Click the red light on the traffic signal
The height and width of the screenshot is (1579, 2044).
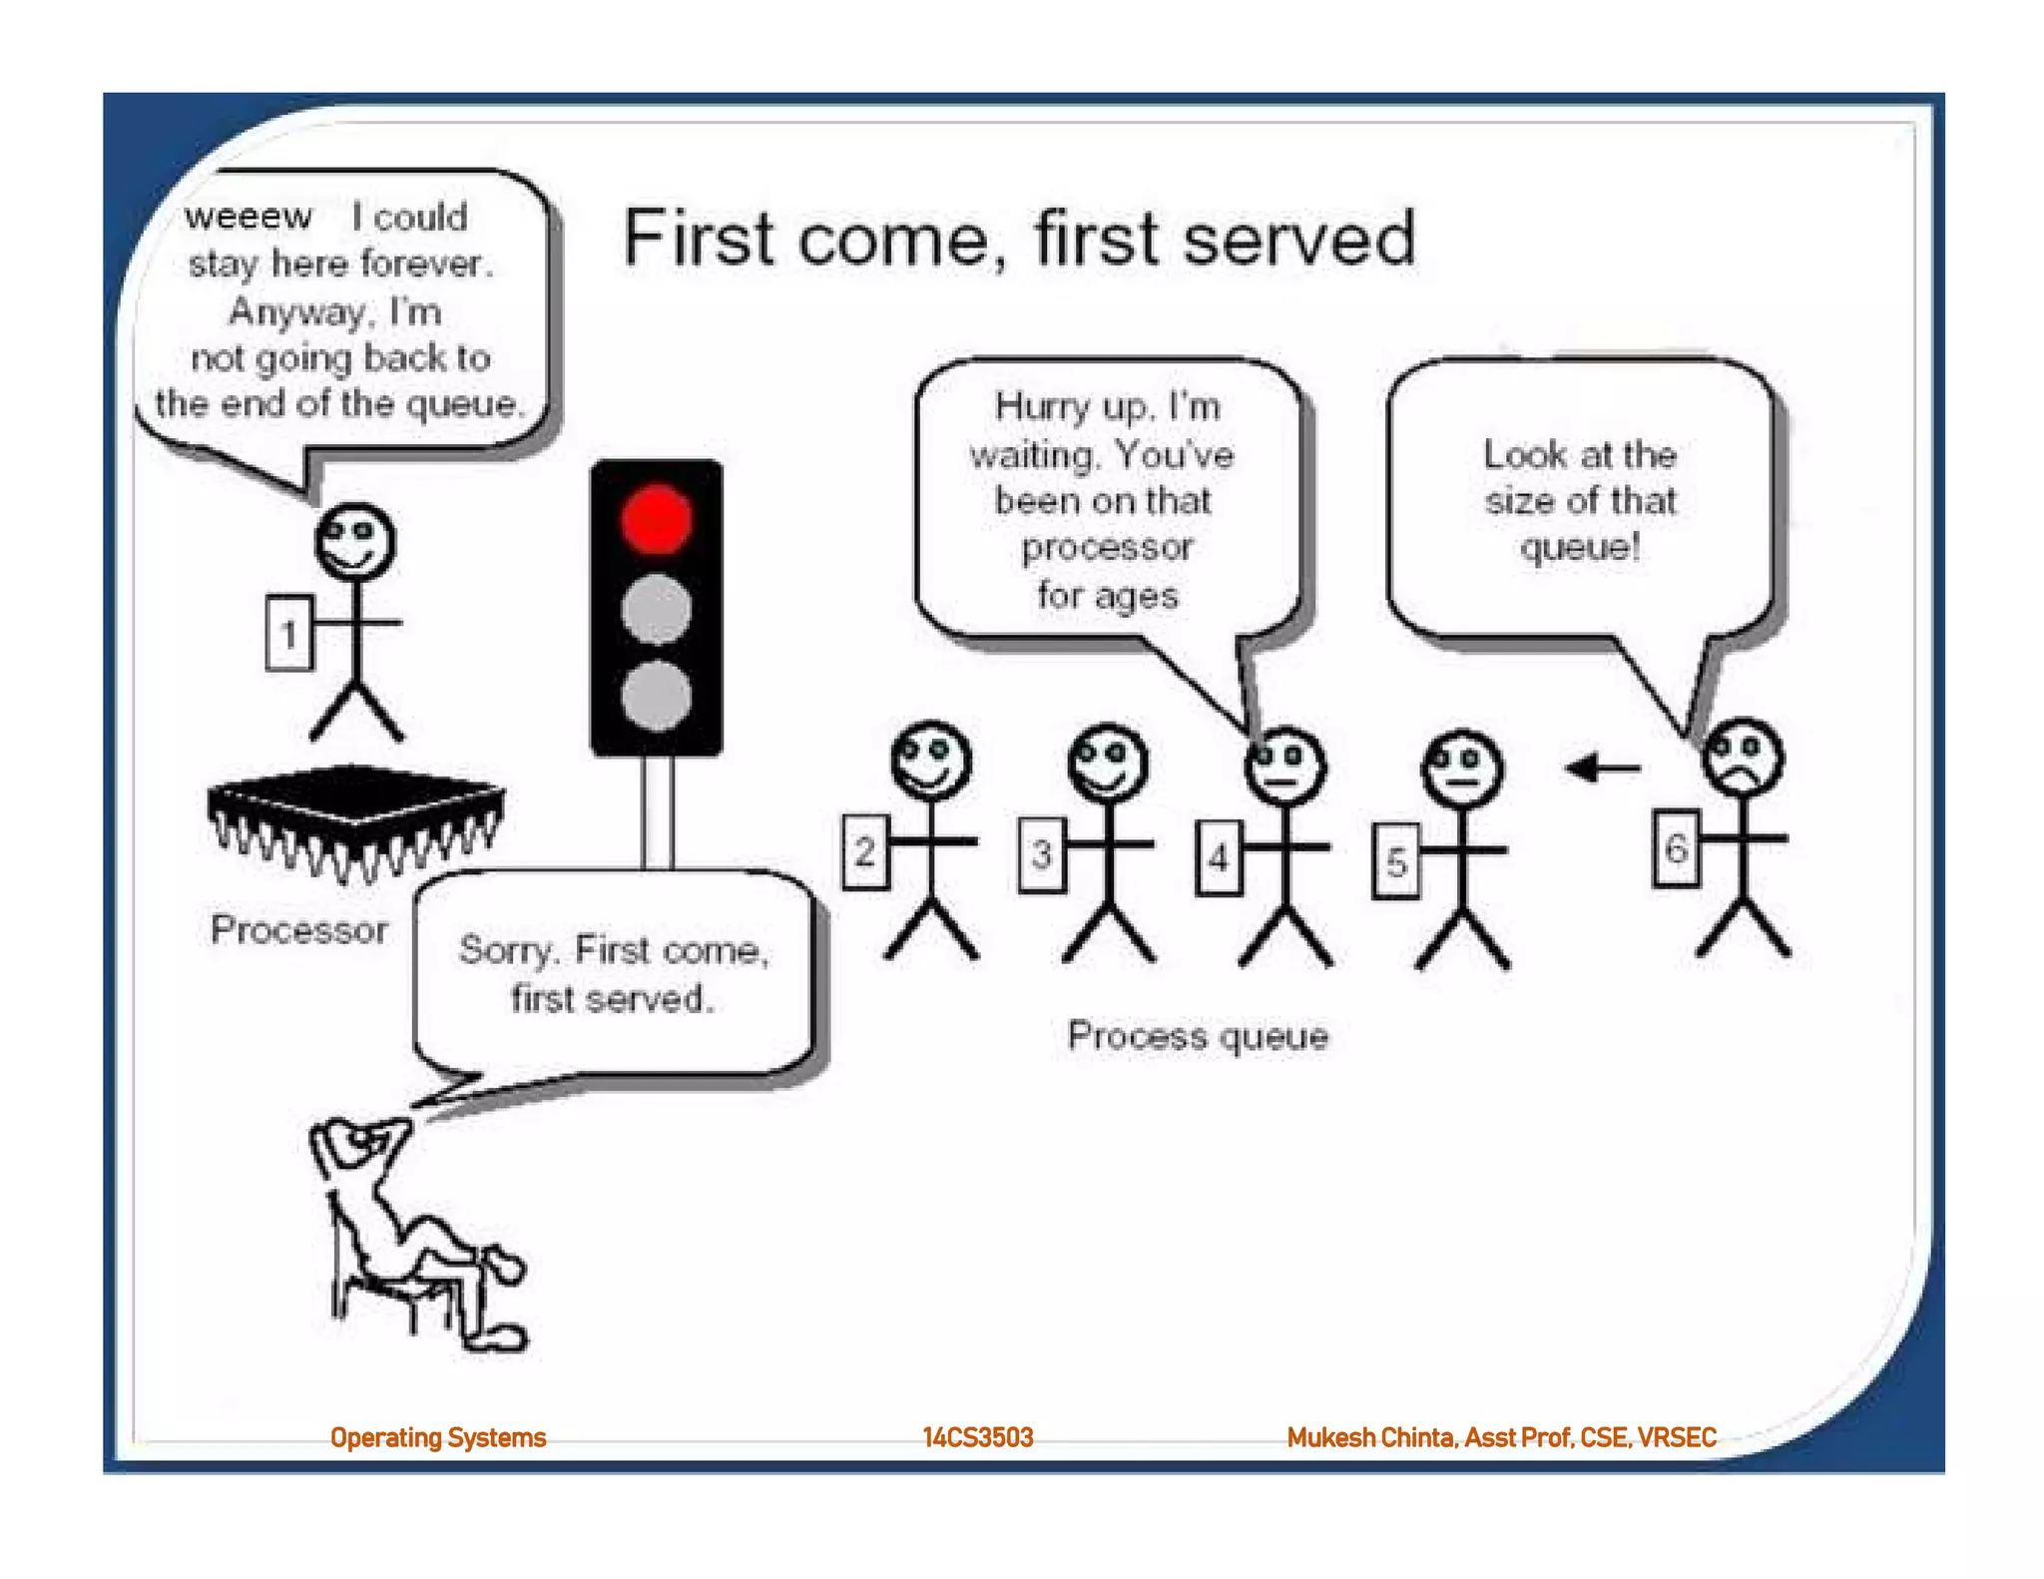point(656,519)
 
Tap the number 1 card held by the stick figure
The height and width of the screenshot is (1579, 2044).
point(289,633)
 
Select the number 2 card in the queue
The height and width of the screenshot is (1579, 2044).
point(865,851)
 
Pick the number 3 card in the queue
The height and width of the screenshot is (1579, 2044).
point(1042,853)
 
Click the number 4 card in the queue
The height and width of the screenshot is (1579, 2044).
point(1219,857)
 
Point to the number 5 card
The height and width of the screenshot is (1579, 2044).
point(1395,861)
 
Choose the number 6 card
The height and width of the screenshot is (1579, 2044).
point(1676,848)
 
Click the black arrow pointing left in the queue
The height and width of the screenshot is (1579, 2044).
point(1603,769)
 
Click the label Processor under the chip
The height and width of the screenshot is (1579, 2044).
point(299,930)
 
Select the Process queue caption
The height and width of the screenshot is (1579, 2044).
point(1198,1036)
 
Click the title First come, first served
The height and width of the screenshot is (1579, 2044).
point(1019,239)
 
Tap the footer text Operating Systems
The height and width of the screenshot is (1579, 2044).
point(438,1437)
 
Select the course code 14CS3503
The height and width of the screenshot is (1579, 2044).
point(978,1437)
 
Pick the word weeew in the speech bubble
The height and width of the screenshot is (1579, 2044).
point(249,217)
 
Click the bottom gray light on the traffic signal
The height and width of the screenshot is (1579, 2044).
point(656,696)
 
